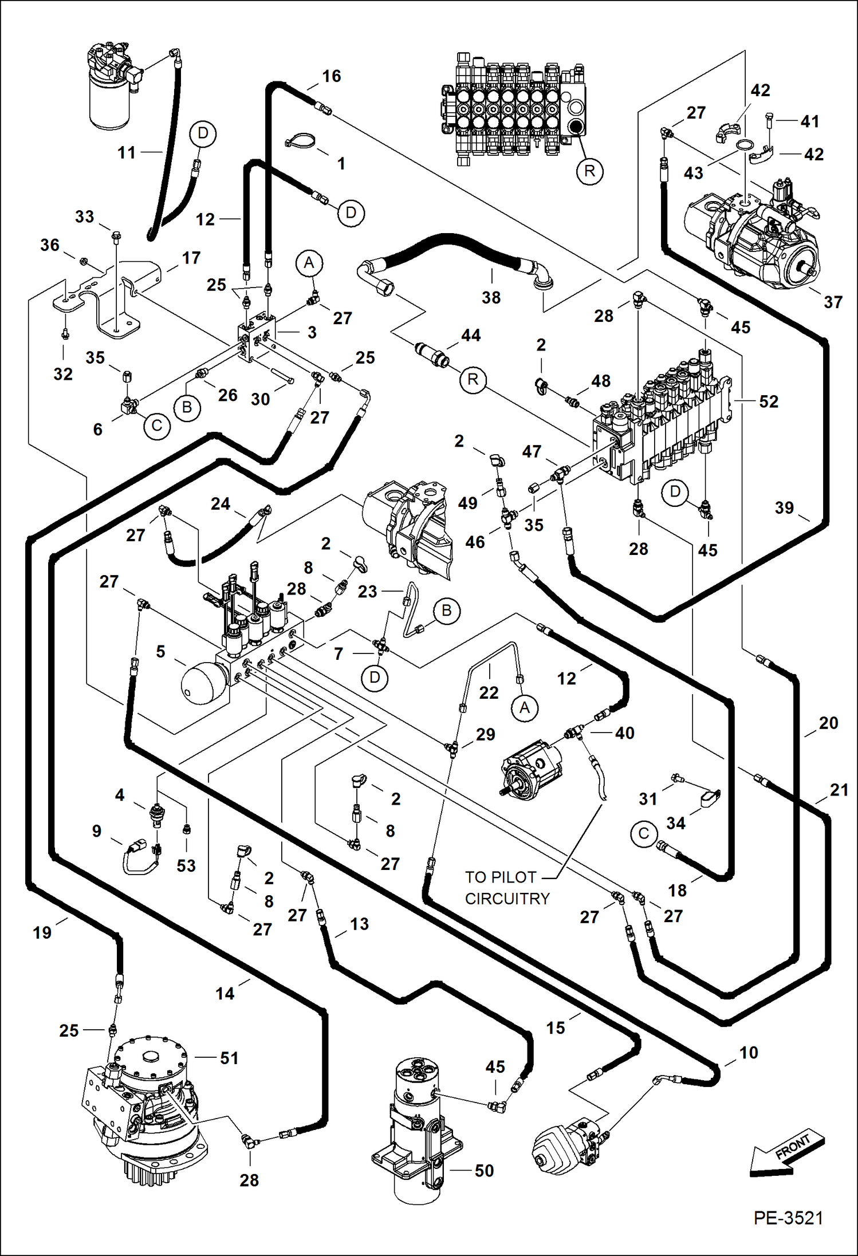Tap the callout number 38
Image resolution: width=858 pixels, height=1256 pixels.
click(491, 297)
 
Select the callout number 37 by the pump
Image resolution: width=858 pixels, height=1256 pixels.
click(833, 302)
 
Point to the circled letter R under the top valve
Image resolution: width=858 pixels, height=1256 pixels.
click(589, 171)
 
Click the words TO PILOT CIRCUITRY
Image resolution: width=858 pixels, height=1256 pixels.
click(507, 887)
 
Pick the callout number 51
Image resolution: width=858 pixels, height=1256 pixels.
click(229, 1058)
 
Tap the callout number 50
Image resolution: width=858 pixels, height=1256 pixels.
click(484, 1171)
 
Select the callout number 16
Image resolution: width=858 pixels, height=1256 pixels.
click(331, 76)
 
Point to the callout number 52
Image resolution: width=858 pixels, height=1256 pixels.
click(769, 401)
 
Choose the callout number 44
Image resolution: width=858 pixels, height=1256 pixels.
click(471, 335)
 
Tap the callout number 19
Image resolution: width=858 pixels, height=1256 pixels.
click(42, 932)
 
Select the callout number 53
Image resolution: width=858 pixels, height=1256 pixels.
click(186, 865)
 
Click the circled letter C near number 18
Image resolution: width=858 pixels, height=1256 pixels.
click(643, 833)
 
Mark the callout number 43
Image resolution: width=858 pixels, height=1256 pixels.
click(693, 172)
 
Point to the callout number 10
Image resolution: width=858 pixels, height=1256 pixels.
click(749, 1052)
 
